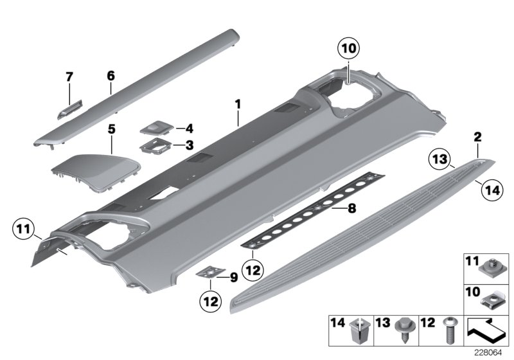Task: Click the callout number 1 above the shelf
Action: (238, 104)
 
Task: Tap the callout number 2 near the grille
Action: (478, 136)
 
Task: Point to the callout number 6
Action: (111, 76)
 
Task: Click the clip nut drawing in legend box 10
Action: (494, 298)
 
